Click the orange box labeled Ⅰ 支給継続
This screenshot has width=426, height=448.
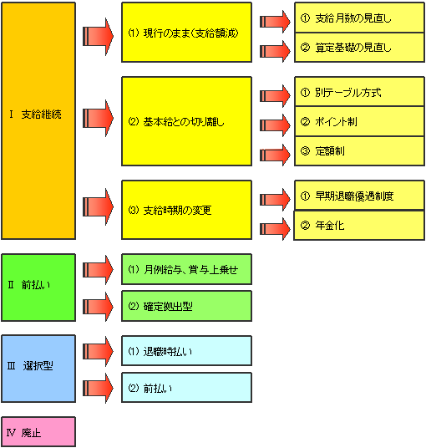(x=38, y=121)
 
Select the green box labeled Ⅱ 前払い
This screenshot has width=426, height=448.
(x=38, y=288)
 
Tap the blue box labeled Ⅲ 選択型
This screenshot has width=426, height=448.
(x=38, y=369)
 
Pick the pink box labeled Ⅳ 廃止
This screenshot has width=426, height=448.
(x=38, y=431)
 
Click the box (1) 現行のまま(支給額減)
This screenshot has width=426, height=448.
(x=187, y=33)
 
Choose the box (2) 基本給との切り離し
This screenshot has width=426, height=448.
(x=187, y=121)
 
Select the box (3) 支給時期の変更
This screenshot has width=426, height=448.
(x=187, y=210)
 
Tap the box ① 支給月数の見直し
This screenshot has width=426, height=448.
(x=359, y=18)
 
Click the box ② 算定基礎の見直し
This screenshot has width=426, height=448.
(x=359, y=48)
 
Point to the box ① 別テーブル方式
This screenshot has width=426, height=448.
(x=359, y=92)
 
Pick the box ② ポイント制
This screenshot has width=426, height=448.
(x=359, y=121)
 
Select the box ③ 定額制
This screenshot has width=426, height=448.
(x=359, y=150)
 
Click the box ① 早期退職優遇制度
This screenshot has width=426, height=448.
(x=359, y=196)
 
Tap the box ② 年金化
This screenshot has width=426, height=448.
(x=359, y=226)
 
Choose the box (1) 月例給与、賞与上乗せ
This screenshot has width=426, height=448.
(x=187, y=269)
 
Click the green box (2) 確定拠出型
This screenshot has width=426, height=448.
(x=187, y=306)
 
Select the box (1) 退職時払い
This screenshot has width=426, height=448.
(x=187, y=350)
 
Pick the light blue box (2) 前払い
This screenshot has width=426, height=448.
(x=187, y=388)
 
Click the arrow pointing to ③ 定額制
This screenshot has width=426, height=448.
(x=275, y=155)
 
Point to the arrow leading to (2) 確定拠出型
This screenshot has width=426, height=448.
(x=98, y=307)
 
